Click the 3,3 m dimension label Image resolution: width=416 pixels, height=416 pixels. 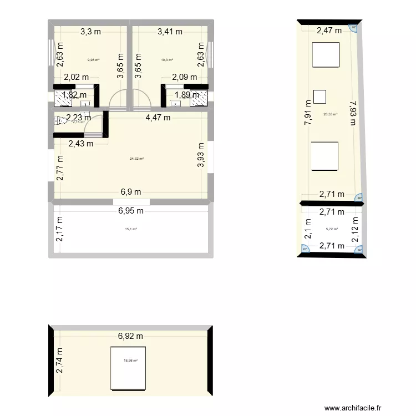click(x=89, y=32)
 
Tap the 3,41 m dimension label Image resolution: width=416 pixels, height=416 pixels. click(x=170, y=32)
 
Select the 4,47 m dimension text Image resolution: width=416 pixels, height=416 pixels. click(x=158, y=117)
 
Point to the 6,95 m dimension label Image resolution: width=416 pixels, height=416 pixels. click(x=130, y=211)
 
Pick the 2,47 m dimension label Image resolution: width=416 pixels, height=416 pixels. click(x=329, y=31)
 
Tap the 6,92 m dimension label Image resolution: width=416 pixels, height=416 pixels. click(x=130, y=336)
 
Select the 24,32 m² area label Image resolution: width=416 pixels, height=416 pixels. click(x=136, y=159)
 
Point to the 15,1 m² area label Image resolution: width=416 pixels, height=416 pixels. click(x=131, y=229)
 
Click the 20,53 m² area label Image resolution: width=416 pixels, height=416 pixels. click(x=331, y=115)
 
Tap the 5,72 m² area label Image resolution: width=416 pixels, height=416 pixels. click(x=332, y=229)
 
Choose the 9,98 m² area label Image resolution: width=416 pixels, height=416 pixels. click(x=93, y=60)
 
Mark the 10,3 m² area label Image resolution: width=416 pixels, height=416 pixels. click(x=167, y=60)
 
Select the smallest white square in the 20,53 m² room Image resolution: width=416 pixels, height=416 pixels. click(x=320, y=97)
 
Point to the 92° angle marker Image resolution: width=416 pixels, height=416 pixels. click(x=354, y=27)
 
